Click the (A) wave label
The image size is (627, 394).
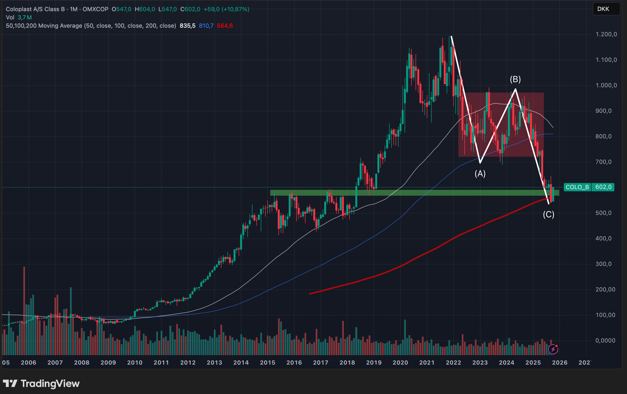(x=480, y=174)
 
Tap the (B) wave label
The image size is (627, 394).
(x=515, y=79)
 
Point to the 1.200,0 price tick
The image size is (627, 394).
(x=606, y=34)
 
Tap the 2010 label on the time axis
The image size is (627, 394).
(x=135, y=362)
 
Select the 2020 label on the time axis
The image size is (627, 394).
(x=400, y=362)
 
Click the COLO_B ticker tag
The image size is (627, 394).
(x=577, y=187)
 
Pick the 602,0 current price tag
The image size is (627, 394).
(x=603, y=187)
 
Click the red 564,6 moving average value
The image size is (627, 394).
(x=225, y=26)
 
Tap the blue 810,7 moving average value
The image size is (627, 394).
(x=206, y=26)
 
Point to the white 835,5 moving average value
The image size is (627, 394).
(x=187, y=26)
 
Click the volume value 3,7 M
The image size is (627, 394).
(x=25, y=18)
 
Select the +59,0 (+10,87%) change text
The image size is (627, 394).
(x=226, y=9)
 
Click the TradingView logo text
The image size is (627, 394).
(x=50, y=384)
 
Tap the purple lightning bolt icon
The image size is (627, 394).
(x=553, y=349)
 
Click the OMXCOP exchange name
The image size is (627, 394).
(x=95, y=9)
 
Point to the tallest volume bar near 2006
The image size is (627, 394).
(x=24, y=311)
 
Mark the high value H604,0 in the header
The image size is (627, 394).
(x=145, y=9)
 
